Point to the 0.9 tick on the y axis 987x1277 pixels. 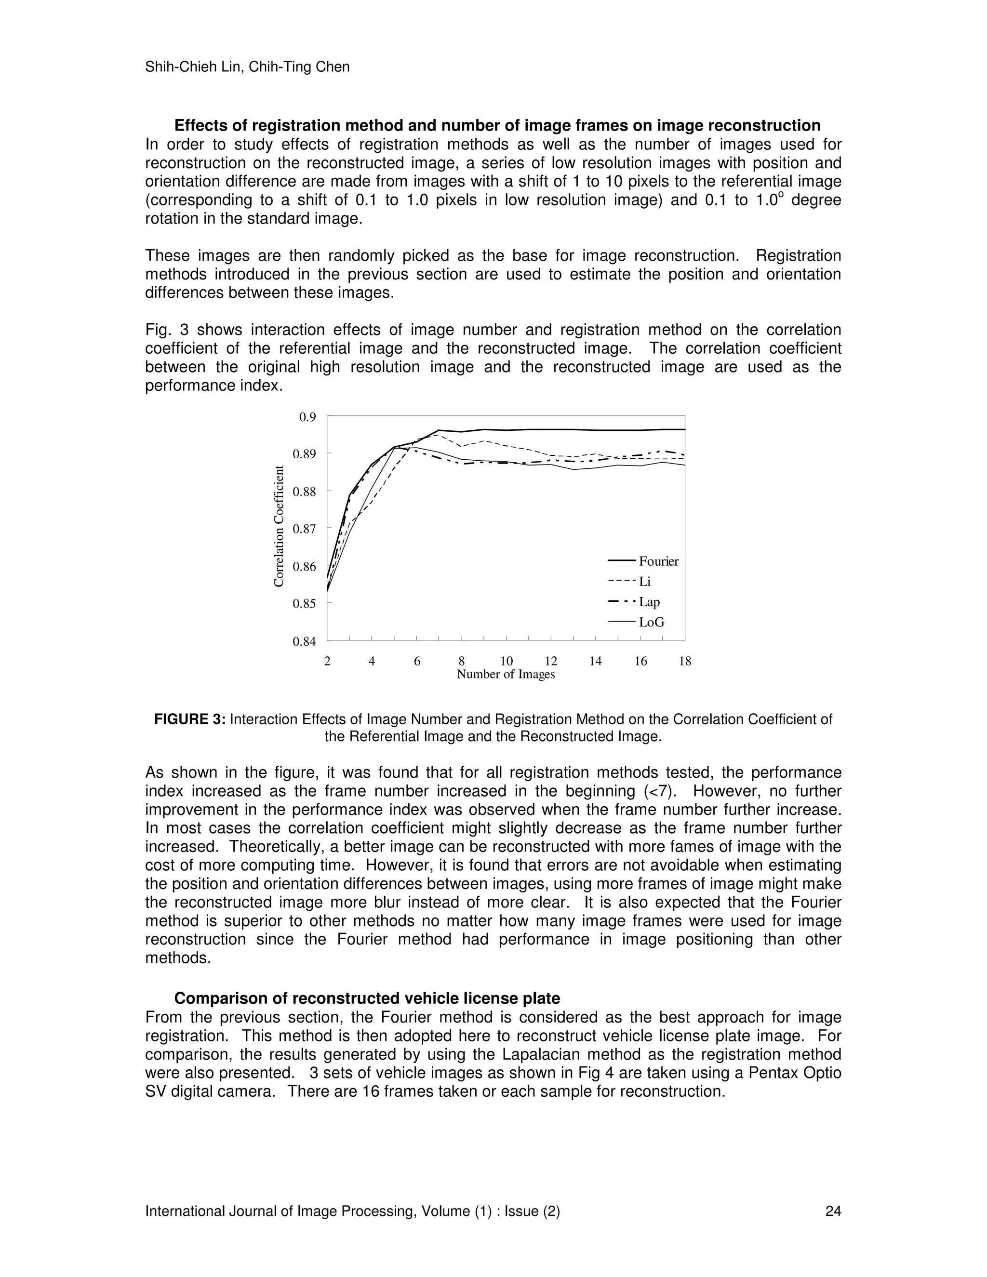click(x=307, y=417)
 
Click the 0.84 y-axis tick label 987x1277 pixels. click(x=304, y=641)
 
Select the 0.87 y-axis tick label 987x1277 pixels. click(x=304, y=529)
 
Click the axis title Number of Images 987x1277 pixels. click(x=506, y=674)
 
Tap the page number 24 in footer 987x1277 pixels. click(x=833, y=1211)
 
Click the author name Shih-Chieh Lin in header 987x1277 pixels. click(x=194, y=67)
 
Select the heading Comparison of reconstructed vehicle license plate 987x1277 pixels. click(x=367, y=998)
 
